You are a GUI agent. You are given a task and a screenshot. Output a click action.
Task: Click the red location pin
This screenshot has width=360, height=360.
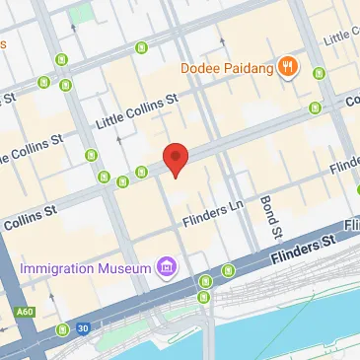coord(175,159)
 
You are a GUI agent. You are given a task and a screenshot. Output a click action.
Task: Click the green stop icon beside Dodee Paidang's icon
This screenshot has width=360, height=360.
coord(319,74)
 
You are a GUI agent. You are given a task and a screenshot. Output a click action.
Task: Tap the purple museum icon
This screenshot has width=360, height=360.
coord(167,267)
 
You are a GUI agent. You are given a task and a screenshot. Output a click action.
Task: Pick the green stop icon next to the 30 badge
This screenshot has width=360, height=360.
coord(63,328)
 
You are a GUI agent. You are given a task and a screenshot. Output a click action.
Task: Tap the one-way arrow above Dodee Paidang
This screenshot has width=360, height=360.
coord(223,43)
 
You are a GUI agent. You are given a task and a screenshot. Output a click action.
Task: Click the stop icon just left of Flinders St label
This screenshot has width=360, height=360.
coord(229,269)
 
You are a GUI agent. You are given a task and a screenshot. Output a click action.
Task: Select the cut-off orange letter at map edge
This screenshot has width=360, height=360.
coord(3,44)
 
